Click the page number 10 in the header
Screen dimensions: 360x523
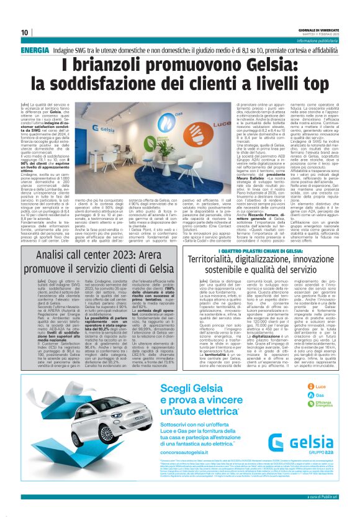click(x=25, y=32)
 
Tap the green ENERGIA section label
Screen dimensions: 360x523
click(x=35, y=49)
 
